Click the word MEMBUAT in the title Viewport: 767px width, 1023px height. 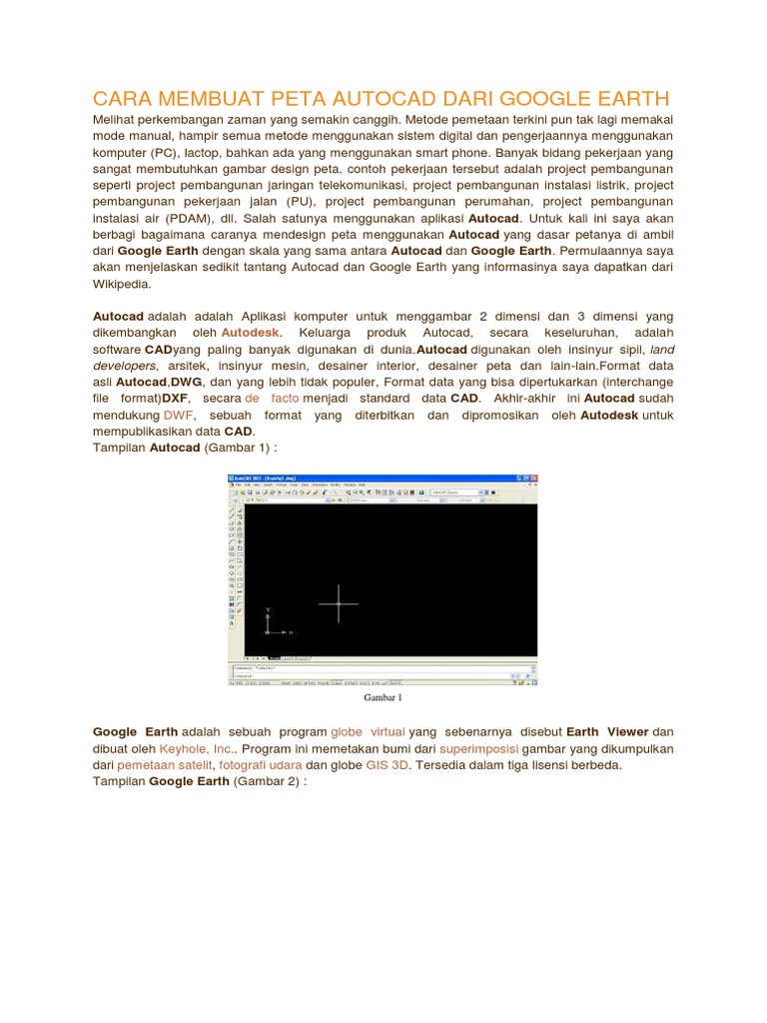[x=202, y=98]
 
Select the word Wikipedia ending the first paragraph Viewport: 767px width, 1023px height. [x=121, y=284]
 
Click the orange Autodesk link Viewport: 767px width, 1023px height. [x=251, y=332]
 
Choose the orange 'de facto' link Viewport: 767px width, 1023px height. [x=272, y=398]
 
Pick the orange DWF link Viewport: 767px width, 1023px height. [x=179, y=414]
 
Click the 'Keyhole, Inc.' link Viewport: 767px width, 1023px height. [x=197, y=748]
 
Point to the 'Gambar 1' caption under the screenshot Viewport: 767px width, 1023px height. [x=383, y=697]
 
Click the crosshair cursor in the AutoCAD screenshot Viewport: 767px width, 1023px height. [x=339, y=603]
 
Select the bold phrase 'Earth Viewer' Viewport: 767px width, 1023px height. [x=607, y=732]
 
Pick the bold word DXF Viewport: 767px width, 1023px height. [x=175, y=398]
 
